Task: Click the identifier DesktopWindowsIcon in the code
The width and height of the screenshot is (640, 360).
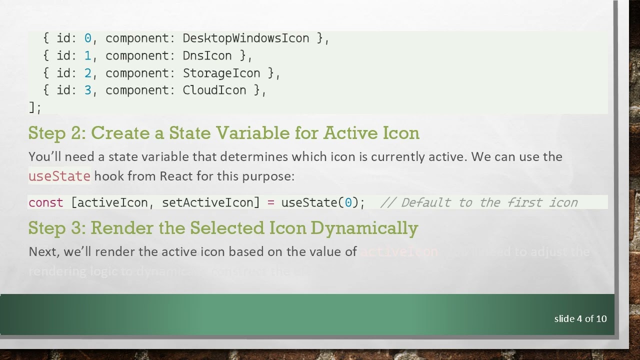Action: click(x=245, y=38)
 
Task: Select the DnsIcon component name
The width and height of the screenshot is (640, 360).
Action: click(x=207, y=55)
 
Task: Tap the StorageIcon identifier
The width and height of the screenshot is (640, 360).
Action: click(x=221, y=73)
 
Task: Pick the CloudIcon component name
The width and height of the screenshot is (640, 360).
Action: click(x=214, y=90)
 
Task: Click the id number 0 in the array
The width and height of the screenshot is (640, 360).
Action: click(x=88, y=38)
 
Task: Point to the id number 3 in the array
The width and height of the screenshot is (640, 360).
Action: click(x=88, y=90)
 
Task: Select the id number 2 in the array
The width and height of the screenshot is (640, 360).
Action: click(x=88, y=73)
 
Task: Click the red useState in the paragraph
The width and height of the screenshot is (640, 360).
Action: click(x=59, y=176)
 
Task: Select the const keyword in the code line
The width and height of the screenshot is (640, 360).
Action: click(x=45, y=202)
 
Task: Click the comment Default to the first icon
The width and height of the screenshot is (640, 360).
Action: click(x=479, y=202)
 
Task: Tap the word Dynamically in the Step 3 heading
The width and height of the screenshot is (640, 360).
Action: click(x=364, y=228)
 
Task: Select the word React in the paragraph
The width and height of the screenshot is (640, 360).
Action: click(x=175, y=176)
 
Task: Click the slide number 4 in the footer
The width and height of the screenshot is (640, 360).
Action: click(x=579, y=318)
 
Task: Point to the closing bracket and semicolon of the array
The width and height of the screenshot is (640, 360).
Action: click(x=35, y=107)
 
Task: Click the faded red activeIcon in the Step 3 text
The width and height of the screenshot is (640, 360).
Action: click(x=398, y=251)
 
